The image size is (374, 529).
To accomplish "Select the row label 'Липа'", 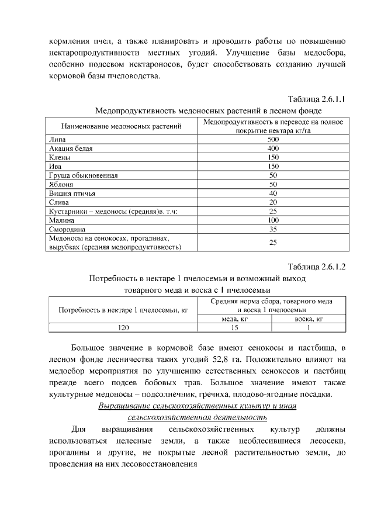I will click(x=57, y=140).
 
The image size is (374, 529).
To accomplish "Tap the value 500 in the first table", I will click(x=273, y=140).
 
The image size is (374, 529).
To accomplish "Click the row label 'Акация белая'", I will click(x=71, y=149).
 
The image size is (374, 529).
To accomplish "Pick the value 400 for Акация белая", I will click(x=273, y=149).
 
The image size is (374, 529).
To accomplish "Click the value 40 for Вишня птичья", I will click(x=273, y=193).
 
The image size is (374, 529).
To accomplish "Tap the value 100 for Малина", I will click(x=273, y=220).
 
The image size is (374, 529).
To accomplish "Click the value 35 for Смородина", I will click(x=273, y=229).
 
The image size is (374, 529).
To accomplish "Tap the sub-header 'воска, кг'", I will click(x=309, y=319).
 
